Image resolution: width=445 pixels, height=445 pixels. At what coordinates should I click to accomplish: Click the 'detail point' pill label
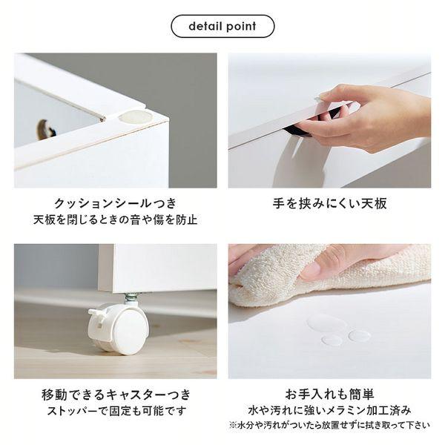click(222, 27)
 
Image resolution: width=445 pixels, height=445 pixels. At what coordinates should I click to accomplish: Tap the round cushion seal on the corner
click(136, 116)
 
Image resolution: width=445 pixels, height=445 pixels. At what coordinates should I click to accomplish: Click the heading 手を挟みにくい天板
click(329, 203)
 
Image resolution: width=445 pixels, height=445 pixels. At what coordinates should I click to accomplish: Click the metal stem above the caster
click(131, 298)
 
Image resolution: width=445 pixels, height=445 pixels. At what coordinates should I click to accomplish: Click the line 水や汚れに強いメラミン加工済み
click(329, 410)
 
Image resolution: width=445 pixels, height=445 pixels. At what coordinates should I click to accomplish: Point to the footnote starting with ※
click(329, 426)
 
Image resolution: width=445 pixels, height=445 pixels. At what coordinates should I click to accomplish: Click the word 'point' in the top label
click(240, 27)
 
